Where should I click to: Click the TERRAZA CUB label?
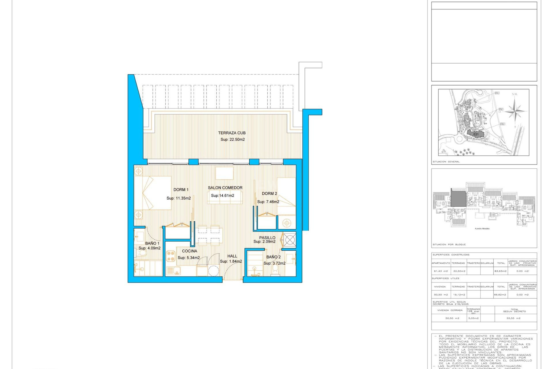point(232,133)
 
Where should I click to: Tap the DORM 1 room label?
point(181,190)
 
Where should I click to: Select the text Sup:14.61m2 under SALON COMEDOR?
point(222,195)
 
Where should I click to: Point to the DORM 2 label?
point(269,193)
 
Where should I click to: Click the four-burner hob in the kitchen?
point(171,256)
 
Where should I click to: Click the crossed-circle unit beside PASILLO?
point(289,240)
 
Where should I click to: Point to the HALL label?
point(232,256)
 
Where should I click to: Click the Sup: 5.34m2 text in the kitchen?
point(188,258)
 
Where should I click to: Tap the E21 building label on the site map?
point(476,134)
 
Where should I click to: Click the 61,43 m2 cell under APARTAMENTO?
point(441,271)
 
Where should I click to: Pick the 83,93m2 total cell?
point(500,271)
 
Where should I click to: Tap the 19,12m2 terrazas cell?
point(459,295)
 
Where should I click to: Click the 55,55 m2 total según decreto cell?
point(513,318)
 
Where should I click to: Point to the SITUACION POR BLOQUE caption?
point(449,244)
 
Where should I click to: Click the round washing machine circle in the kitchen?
point(213,271)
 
